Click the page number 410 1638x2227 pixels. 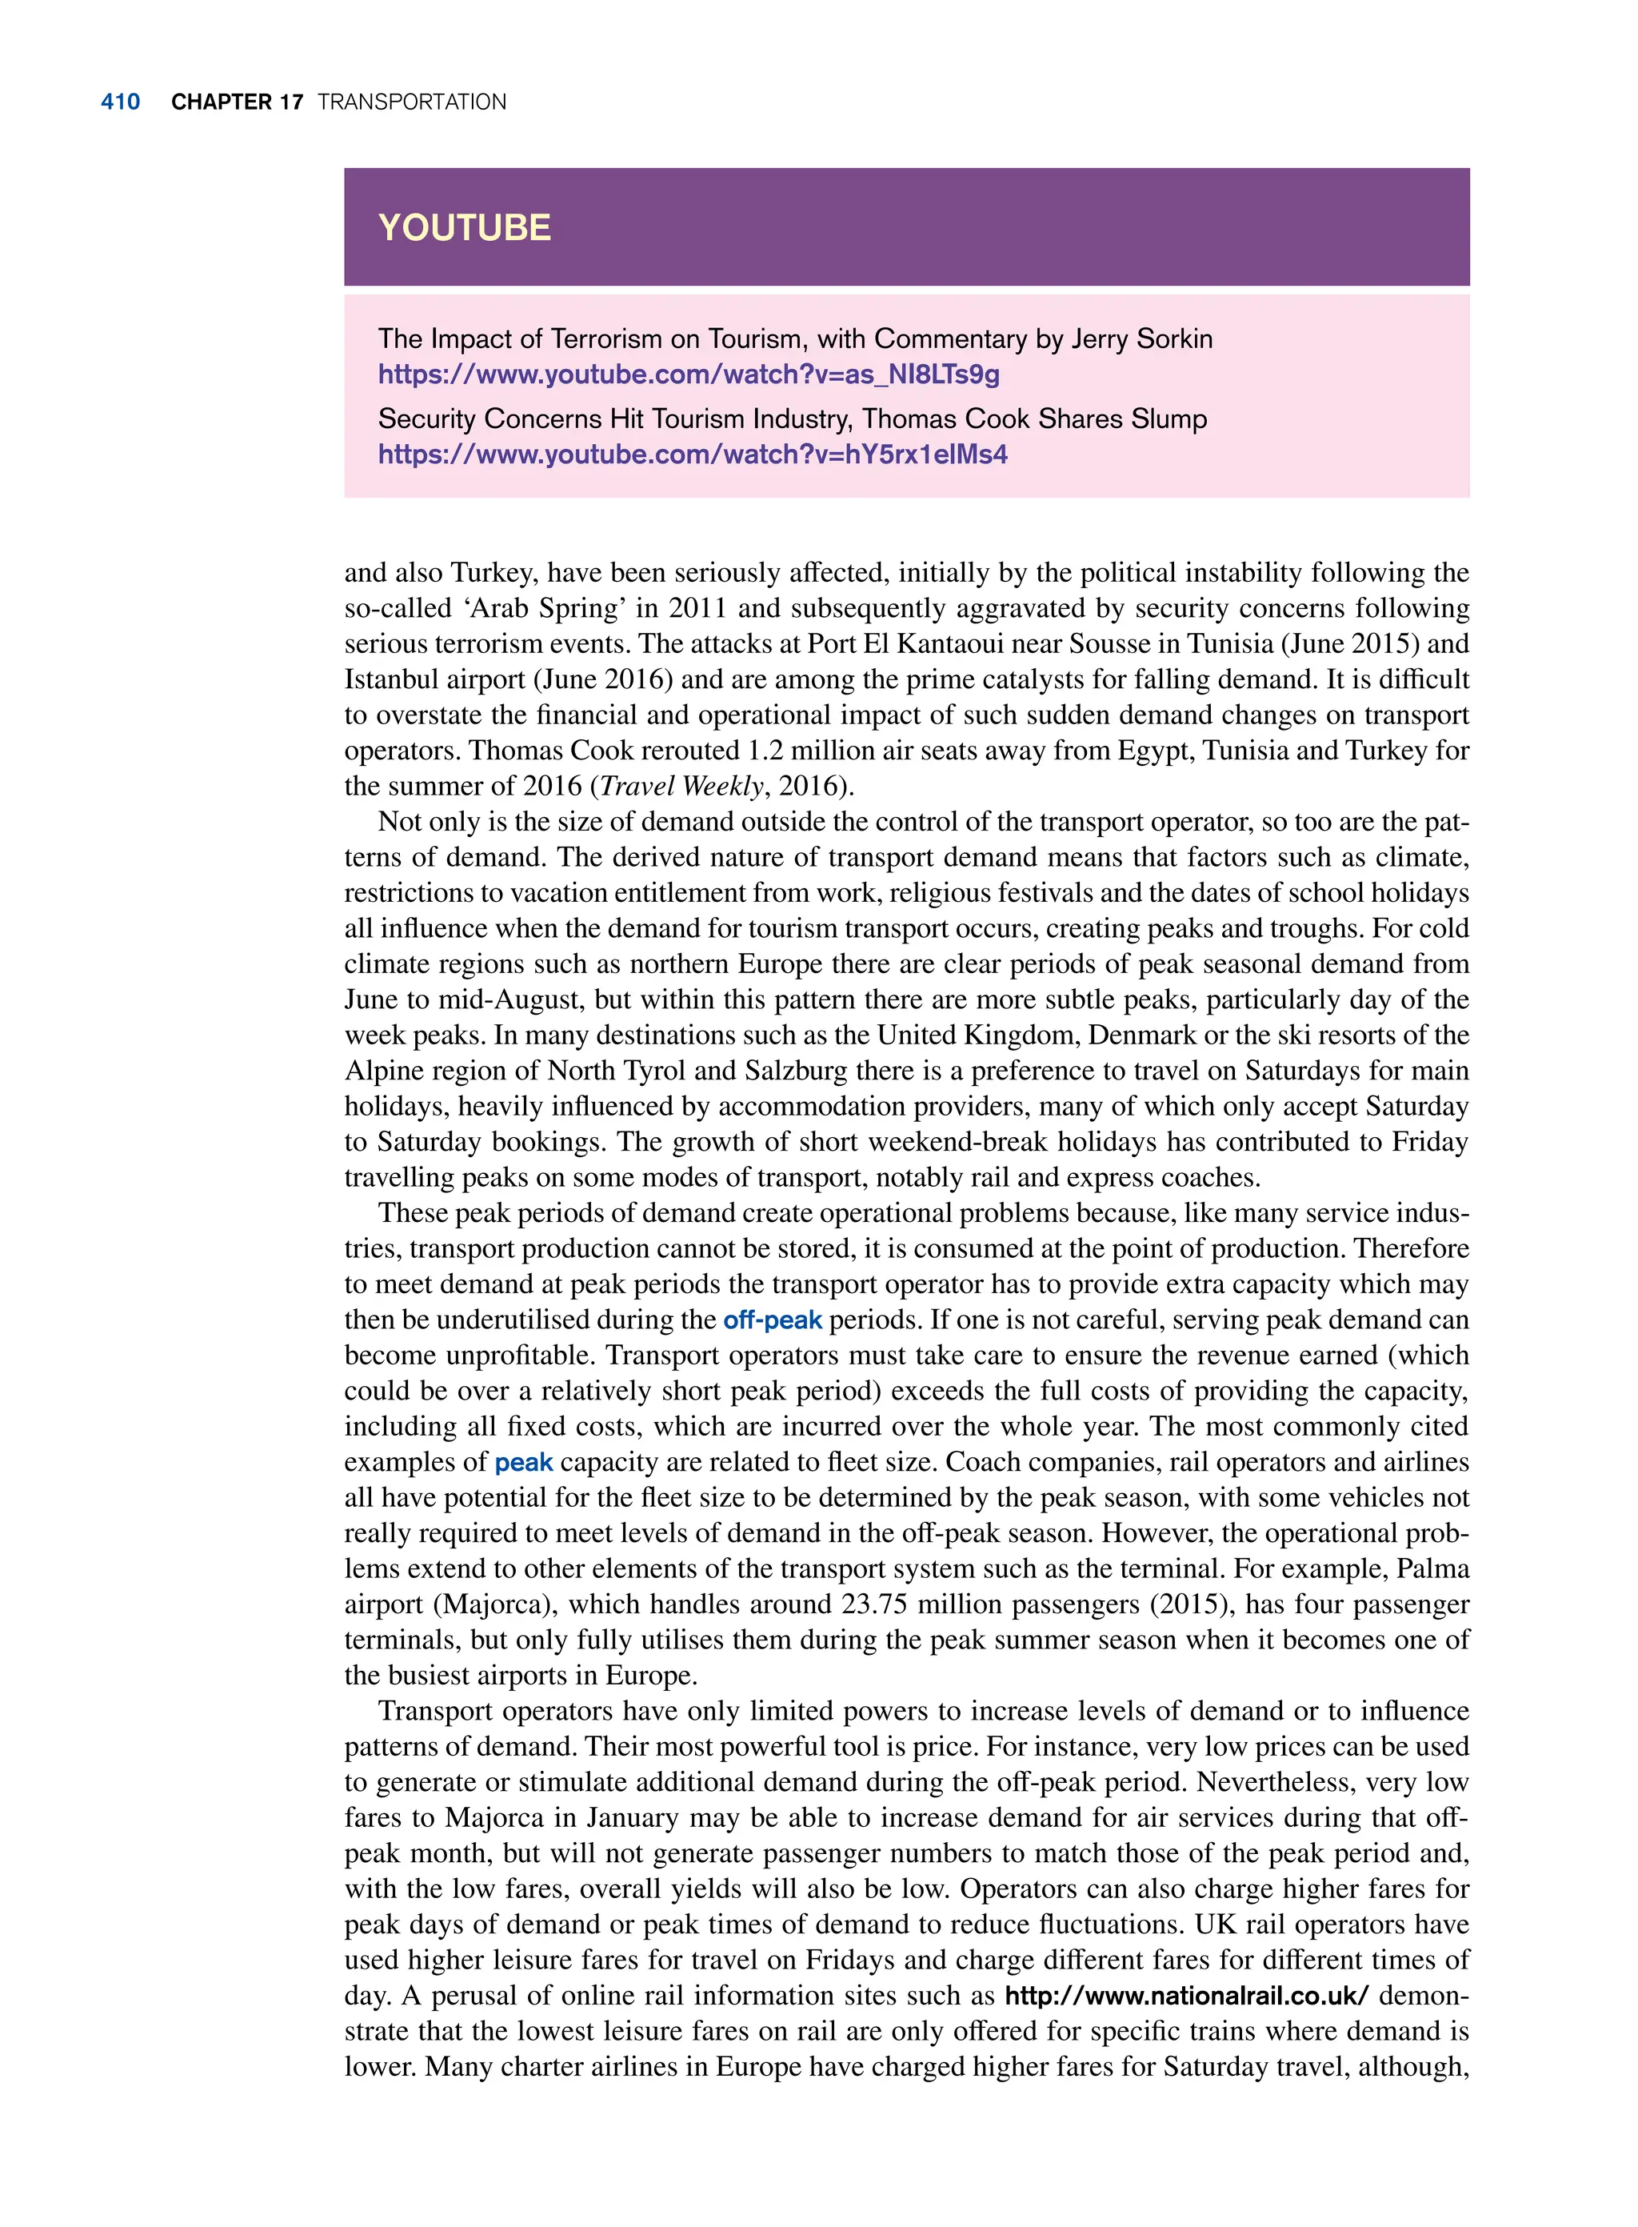point(120,102)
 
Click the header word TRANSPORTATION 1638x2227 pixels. point(411,102)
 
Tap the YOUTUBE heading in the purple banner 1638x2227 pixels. point(464,228)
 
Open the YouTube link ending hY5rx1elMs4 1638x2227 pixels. point(692,455)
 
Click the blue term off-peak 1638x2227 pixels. point(773,1320)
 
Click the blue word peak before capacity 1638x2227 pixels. point(524,1462)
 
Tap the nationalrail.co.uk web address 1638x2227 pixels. point(1186,1996)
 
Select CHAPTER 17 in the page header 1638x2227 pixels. point(237,102)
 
